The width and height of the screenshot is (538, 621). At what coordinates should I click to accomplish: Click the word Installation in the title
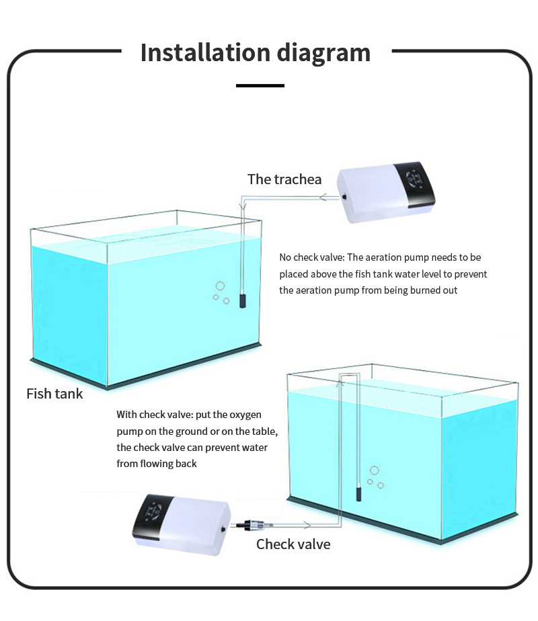pyautogui.click(x=205, y=52)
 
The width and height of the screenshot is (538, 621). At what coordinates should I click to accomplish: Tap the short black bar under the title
pyautogui.click(x=260, y=85)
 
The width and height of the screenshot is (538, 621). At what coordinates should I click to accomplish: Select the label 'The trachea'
pyautogui.click(x=284, y=179)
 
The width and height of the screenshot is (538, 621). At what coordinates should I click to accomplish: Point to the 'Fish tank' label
pyautogui.click(x=54, y=394)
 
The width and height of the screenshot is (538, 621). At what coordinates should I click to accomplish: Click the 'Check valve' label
pyautogui.click(x=293, y=544)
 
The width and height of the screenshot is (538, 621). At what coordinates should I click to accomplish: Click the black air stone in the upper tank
pyautogui.click(x=243, y=300)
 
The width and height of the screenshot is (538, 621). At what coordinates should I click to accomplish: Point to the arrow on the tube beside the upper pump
pyautogui.click(x=323, y=197)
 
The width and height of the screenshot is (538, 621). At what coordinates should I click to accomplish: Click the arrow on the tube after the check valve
pyautogui.click(x=306, y=525)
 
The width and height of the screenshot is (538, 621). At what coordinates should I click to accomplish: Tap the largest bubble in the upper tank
pyautogui.click(x=221, y=286)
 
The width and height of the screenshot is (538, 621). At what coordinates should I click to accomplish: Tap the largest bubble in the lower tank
pyautogui.click(x=375, y=470)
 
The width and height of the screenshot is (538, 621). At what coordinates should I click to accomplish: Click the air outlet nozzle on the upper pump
pyautogui.click(x=344, y=196)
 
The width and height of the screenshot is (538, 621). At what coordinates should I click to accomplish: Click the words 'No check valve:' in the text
pyautogui.click(x=312, y=257)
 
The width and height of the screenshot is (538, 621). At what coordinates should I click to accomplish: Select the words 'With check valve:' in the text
pyautogui.click(x=155, y=415)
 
